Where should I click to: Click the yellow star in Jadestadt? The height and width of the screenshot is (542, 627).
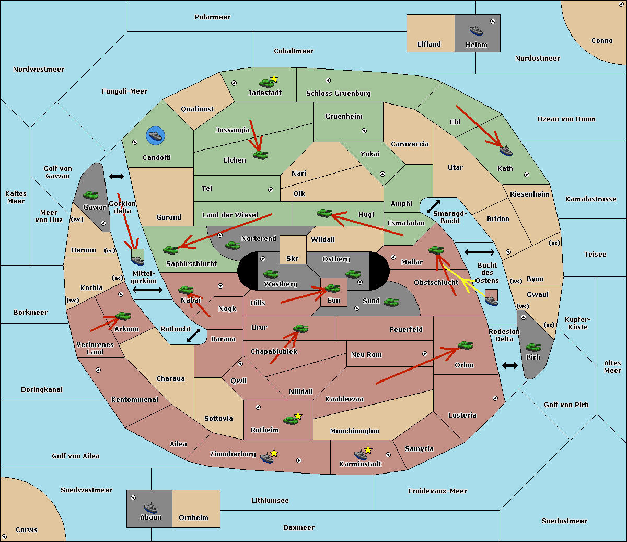tap(274, 79)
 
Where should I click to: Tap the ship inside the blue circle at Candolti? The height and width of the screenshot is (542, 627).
tap(155, 136)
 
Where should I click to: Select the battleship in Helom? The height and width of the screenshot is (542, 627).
tap(476, 30)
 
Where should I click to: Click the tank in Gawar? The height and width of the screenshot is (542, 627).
tap(91, 195)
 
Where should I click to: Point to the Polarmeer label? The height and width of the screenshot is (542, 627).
tap(212, 17)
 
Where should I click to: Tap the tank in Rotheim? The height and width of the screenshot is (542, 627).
tap(291, 420)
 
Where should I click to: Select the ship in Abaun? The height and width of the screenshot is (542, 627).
tap(150, 507)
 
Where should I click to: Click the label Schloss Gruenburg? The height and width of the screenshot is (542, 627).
tap(338, 94)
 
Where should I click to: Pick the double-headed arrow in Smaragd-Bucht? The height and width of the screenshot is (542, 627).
tap(434, 206)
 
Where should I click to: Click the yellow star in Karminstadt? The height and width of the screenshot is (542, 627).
tap(368, 450)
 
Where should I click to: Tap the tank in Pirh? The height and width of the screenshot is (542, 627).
tap(533, 347)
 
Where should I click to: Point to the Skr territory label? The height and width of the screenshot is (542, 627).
tap(293, 259)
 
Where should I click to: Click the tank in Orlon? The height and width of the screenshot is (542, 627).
tap(465, 345)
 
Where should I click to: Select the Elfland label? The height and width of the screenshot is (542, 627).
tap(429, 44)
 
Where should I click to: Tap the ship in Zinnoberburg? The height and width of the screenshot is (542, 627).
tap(267, 458)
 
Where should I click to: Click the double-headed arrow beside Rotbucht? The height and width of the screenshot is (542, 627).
tap(193, 335)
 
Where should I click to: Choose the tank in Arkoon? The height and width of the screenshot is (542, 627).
tap(123, 316)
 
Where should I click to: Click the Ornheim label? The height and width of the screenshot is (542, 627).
tap(193, 518)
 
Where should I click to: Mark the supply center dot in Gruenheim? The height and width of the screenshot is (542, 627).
tap(364, 131)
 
